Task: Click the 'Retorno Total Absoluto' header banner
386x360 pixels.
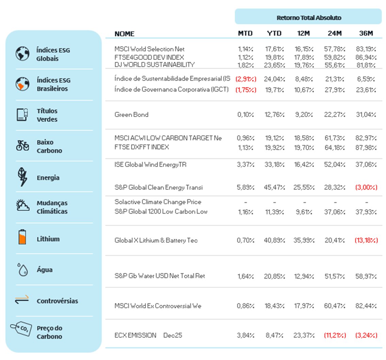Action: coord(308,17)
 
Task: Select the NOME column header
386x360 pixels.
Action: coord(124,34)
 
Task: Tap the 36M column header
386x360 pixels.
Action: coord(366,33)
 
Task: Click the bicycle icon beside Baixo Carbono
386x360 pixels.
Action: coord(22,146)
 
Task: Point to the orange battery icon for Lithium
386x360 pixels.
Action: coord(22,237)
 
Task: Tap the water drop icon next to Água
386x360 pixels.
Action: coord(22,269)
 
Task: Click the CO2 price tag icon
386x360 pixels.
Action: coord(21,329)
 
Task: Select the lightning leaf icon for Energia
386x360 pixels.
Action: coord(22,177)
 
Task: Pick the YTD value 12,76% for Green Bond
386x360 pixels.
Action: coord(274,115)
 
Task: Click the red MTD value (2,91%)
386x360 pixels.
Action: coord(246,79)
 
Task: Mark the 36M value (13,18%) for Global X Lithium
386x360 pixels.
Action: coord(366,240)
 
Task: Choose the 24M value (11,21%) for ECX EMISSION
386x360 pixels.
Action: coord(335,335)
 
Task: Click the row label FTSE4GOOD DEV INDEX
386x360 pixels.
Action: coord(149,57)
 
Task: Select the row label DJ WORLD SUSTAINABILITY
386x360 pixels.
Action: coord(155,65)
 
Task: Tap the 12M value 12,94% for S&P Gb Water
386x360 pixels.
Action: coord(304,276)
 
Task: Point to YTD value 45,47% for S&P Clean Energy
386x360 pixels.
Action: coord(274,187)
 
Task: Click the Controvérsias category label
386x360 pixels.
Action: coord(57,301)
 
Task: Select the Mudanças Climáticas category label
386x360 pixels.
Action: coord(52,207)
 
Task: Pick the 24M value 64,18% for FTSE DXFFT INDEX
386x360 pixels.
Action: coord(334,148)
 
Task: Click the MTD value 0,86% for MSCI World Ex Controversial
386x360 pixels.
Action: coord(245,306)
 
